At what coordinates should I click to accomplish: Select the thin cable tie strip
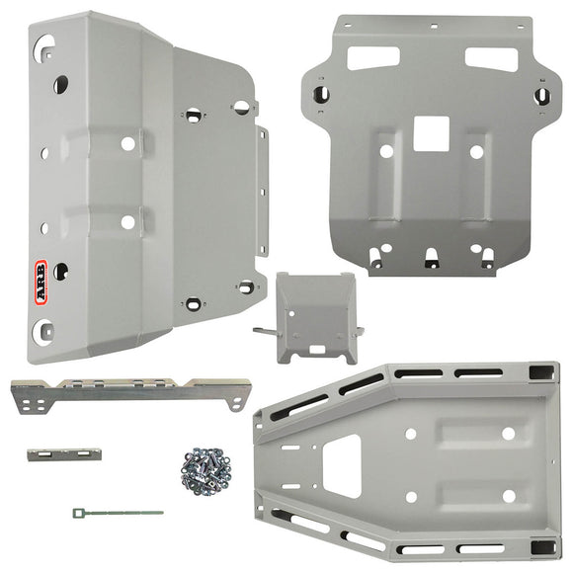pos(117,512)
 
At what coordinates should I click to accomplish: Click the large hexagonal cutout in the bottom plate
pos(341,464)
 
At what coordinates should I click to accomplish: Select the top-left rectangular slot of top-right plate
pos(372,57)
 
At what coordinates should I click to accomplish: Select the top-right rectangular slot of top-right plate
pos(489,57)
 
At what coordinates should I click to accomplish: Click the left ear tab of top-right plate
pos(321,94)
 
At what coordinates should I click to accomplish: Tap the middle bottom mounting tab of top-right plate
pos(430,260)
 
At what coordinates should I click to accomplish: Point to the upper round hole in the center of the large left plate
pos(127,144)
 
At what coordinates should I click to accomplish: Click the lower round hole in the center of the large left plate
pos(127,222)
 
